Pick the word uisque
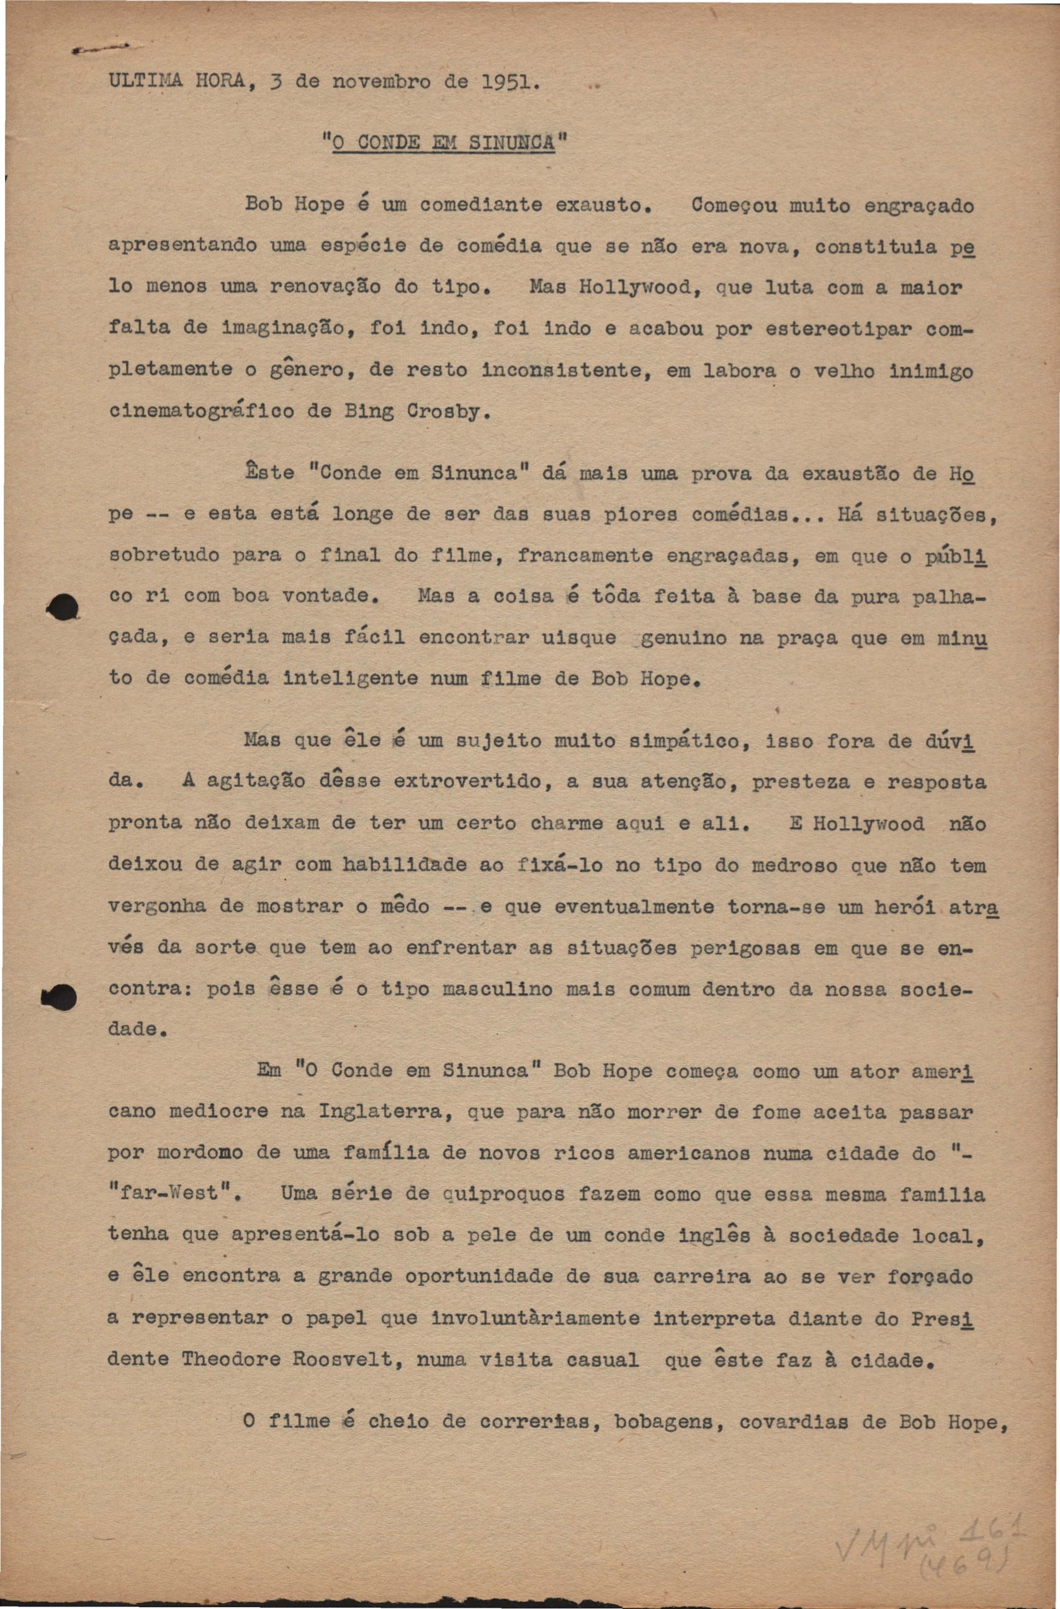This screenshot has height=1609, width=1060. [579, 638]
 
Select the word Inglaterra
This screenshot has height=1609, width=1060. [384, 1112]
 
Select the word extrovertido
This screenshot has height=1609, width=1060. [467, 782]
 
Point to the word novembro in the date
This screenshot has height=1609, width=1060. [382, 83]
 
